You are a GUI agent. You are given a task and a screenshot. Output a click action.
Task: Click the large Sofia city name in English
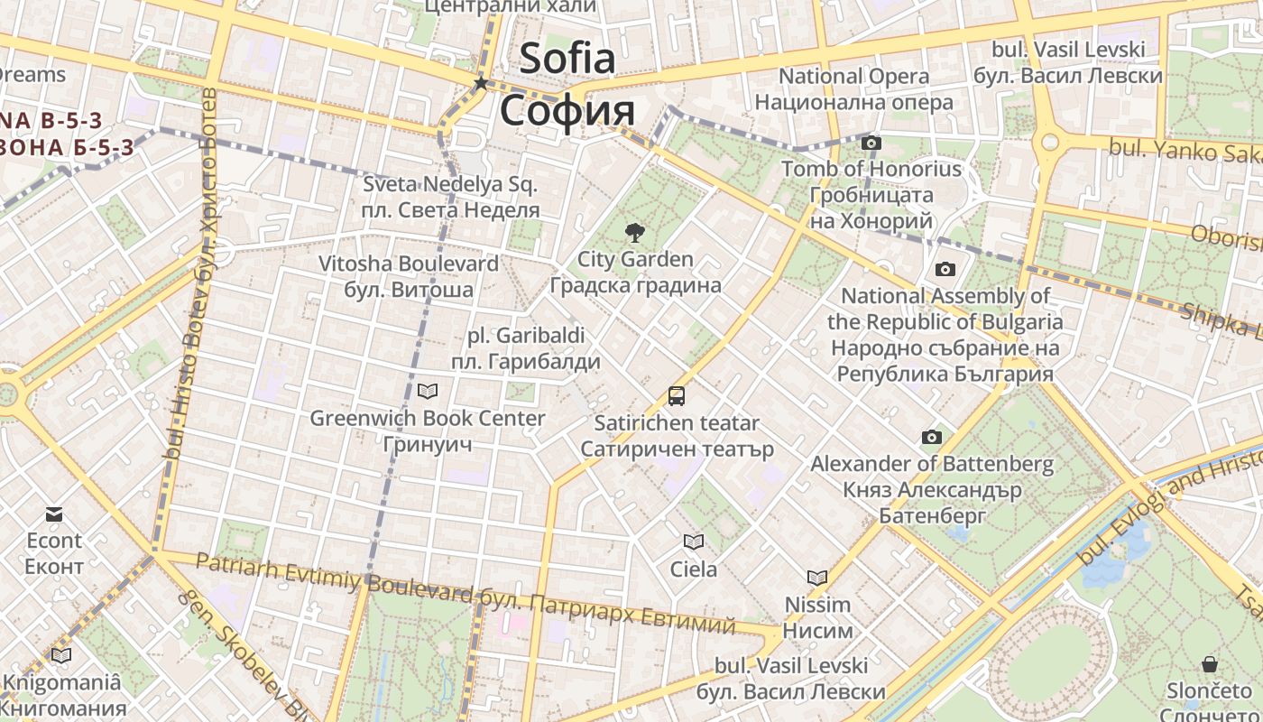point(567,59)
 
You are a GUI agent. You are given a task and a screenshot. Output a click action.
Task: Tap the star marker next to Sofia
point(481,83)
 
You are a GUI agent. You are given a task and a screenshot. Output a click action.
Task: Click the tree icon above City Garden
point(635,233)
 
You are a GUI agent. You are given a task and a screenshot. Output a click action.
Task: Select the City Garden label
point(635,260)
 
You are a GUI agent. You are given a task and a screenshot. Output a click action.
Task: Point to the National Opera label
point(853,77)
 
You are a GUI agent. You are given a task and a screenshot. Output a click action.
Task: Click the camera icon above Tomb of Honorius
point(871,143)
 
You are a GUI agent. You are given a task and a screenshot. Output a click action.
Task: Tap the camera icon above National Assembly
point(945,269)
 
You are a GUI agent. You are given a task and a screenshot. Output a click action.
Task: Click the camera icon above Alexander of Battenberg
point(931,438)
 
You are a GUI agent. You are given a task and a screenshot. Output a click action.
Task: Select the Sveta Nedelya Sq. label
point(450,185)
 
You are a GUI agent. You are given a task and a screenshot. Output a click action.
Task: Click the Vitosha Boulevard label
point(408,264)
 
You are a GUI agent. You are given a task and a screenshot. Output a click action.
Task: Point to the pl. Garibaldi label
point(526,336)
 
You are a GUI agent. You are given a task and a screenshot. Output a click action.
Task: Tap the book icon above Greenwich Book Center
point(427,391)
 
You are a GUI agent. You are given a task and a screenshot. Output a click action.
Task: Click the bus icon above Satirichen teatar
point(676,395)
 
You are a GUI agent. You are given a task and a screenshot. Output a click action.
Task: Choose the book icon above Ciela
point(693,541)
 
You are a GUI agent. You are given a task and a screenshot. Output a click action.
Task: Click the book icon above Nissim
point(816,578)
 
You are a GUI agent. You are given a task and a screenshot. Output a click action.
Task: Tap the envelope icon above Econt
point(54,514)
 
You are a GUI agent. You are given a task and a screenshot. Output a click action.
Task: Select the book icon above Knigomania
point(60,655)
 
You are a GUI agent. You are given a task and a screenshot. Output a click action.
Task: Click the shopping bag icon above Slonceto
point(1209,664)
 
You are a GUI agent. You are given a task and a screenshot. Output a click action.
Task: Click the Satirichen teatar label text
point(677,422)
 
